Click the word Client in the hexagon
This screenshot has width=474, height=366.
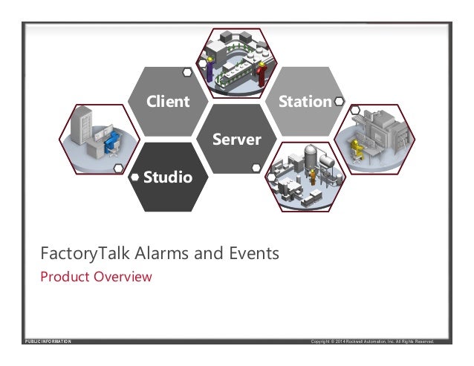tap(168, 101)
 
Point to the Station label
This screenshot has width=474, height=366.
tap(304, 101)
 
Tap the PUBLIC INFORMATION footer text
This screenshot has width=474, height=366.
tap(48, 342)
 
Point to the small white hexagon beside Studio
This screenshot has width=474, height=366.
tap(134, 177)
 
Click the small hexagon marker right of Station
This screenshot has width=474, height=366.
tap(339, 101)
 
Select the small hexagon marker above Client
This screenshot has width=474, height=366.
tap(186, 73)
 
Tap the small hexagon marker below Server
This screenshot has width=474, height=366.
tap(256, 168)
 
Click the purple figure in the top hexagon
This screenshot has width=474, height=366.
tap(210, 68)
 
